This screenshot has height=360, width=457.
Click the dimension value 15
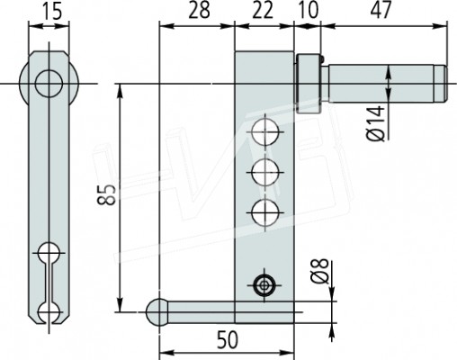51,13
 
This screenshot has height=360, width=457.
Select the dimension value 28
199,11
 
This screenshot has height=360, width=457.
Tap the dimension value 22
263,11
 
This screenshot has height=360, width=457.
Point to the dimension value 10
308,11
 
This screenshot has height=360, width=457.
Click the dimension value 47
381,11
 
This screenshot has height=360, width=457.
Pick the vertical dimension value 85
106,194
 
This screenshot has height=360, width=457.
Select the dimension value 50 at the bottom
228,340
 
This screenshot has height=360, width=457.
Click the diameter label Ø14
375,123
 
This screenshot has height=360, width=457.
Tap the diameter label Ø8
319,272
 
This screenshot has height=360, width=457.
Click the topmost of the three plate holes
264,131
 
